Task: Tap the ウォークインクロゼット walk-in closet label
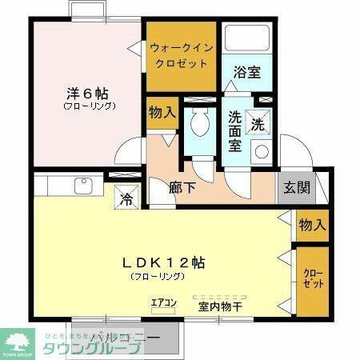tap(181, 54)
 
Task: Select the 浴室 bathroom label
tap(246, 72)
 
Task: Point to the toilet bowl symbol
tap(198, 124)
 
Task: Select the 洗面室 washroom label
tap(236, 130)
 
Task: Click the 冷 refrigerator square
tap(126, 197)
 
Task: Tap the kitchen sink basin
tap(83, 186)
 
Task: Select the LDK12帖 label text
tap(163, 262)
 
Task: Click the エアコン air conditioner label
tap(163, 303)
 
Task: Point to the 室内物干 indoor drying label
tap(220, 305)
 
